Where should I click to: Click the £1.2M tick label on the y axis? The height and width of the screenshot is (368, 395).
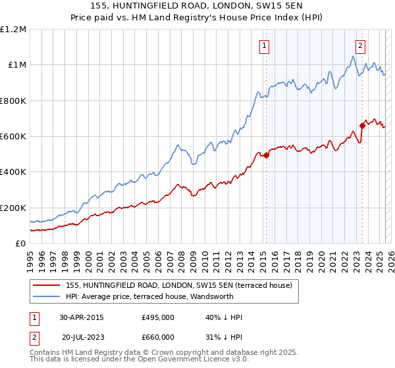pyautogui.click(x=13, y=29)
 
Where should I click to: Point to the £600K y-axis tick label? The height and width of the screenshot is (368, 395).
pyautogui.click(x=13, y=136)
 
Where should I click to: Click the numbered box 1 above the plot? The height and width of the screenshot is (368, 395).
pyautogui.click(x=264, y=46)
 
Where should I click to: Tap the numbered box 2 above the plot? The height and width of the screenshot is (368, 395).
pyautogui.click(x=361, y=46)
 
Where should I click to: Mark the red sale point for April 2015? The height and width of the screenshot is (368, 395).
pyautogui.click(x=266, y=156)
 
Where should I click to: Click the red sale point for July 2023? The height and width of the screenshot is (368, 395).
pyautogui.click(x=362, y=126)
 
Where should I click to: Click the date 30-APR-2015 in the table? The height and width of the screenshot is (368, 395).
pyautogui.click(x=82, y=317)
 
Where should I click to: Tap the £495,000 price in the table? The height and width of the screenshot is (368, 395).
pyautogui.click(x=158, y=317)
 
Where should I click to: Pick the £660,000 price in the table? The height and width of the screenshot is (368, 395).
pyautogui.click(x=158, y=337)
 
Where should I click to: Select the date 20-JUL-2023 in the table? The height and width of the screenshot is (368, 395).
pyautogui.click(x=83, y=337)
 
